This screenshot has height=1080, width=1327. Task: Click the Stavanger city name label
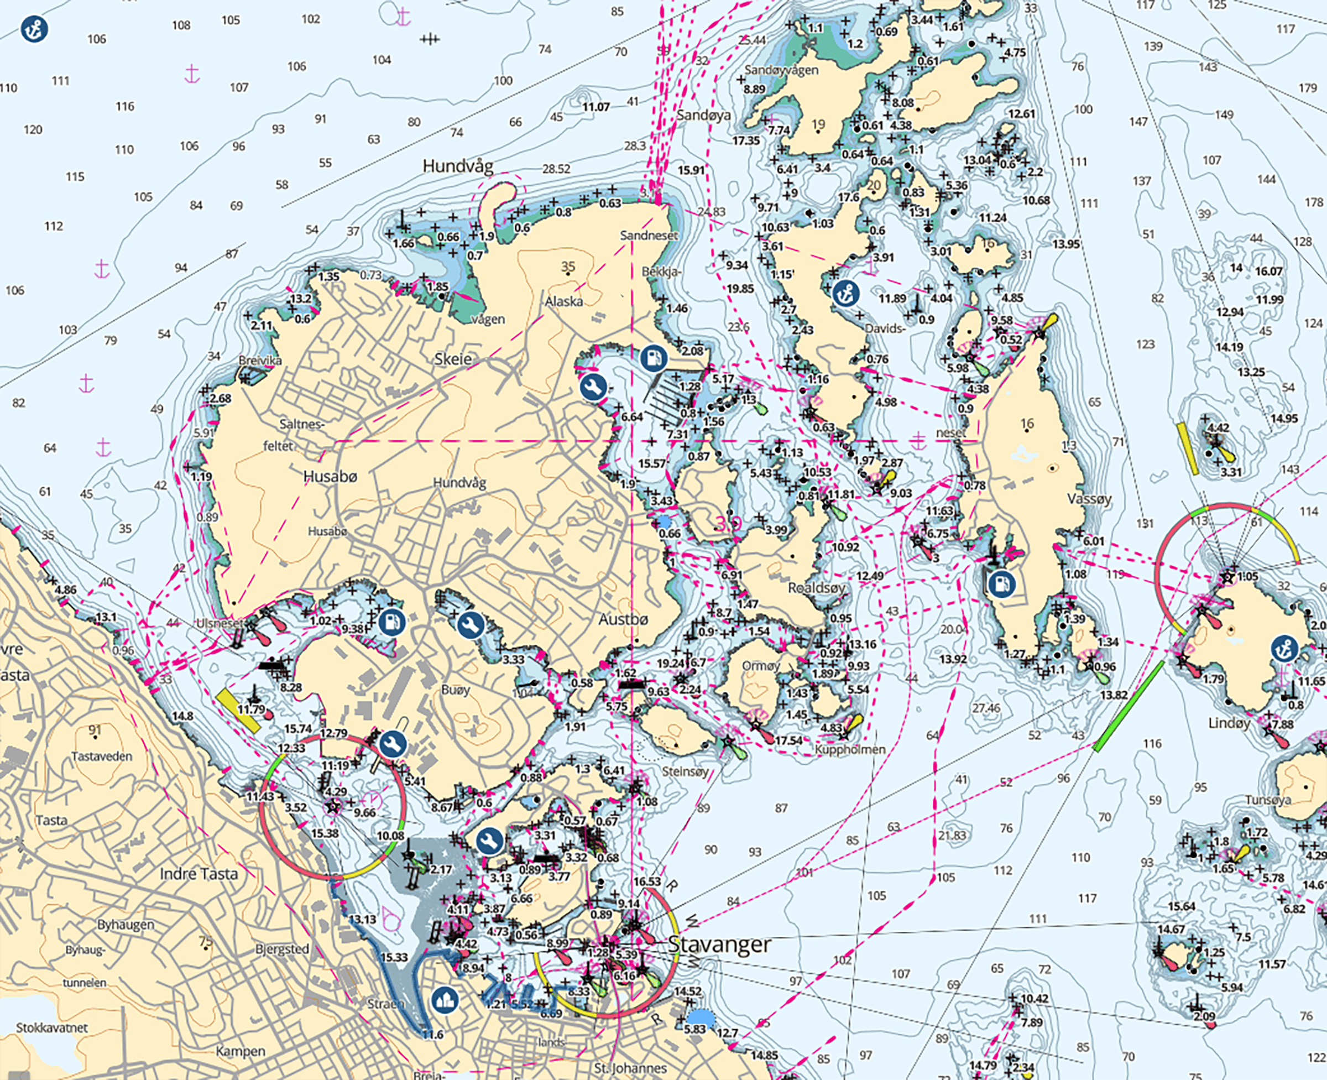pos(719,945)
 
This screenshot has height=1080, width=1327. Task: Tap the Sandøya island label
pos(704,115)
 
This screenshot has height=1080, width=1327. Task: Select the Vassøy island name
pos(1089,499)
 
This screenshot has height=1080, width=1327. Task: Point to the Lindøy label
pos(1229,723)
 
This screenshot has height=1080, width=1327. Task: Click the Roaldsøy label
pos(816,588)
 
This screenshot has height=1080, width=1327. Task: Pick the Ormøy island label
pos(760,666)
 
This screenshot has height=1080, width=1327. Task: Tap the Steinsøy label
pos(685,771)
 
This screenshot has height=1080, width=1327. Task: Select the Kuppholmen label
pos(850,750)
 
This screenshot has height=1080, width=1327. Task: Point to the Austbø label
pos(623,619)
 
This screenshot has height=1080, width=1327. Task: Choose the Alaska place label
pos(563,302)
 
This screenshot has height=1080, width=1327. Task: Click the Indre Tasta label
pos(198,874)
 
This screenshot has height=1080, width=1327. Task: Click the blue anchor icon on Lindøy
pos(1284,648)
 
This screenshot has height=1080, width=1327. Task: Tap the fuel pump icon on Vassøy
pos(1001,583)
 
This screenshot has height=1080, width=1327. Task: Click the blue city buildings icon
pos(446,1000)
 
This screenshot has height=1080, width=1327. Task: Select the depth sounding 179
pos(1308,88)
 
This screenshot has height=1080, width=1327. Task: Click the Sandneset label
pos(649,235)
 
